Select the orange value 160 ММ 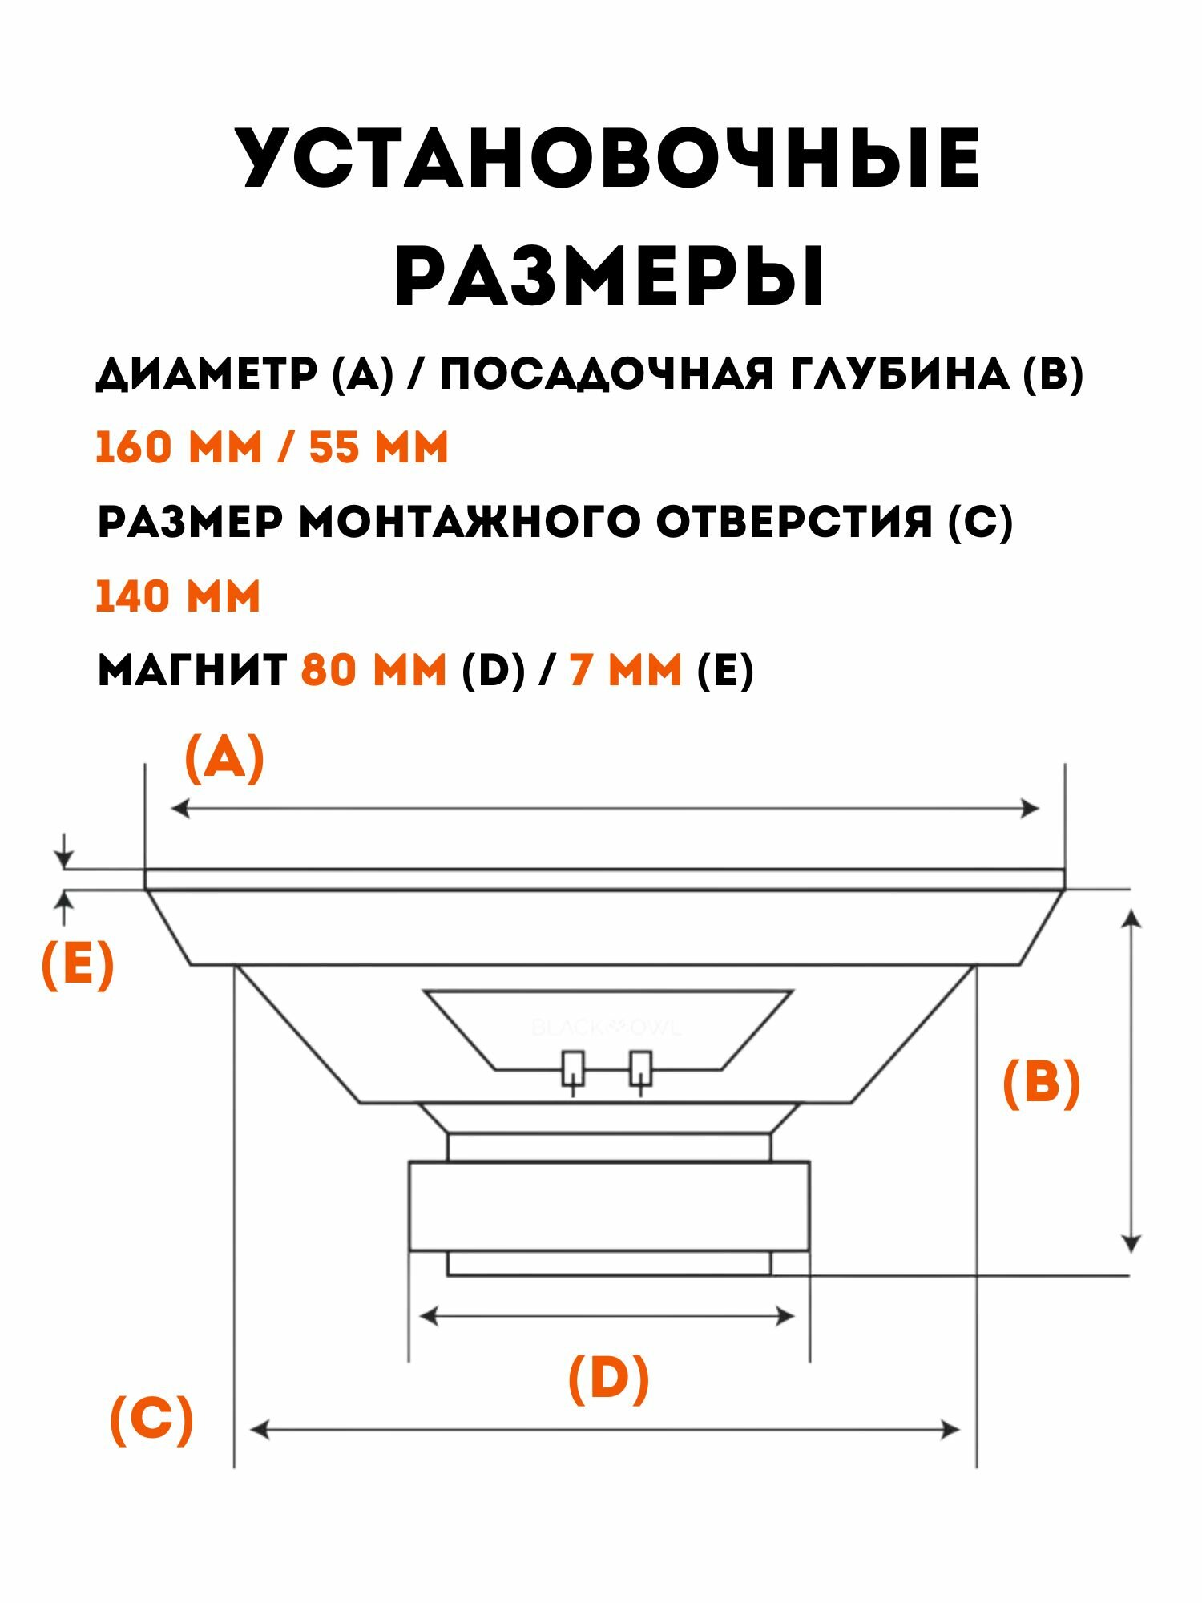coord(179,447)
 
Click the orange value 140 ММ coord(179,597)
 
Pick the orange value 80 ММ coord(373,670)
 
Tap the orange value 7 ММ coord(625,670)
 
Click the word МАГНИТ coord(192,670)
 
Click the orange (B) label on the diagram coord(1041,1084)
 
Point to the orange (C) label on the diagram coord(151,1420)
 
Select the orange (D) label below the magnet coord(608,1378)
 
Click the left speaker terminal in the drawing coord(573,1068)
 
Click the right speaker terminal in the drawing coord(640,1068)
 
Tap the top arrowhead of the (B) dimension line coord(1131,916)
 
